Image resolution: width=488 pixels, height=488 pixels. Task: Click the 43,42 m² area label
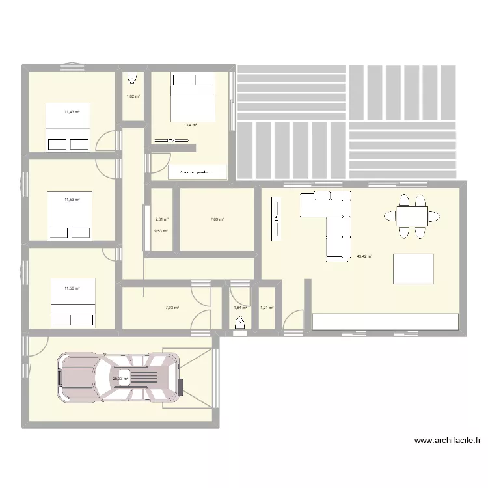point(364,256)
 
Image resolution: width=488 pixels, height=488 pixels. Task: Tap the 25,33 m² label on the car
point(121,379)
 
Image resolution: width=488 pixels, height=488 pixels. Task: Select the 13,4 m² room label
point(190,125)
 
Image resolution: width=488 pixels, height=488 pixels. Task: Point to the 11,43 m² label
point(72,112)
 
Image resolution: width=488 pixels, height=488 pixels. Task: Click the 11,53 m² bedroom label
point(72,200)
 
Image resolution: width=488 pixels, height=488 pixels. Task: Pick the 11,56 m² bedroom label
point(72,288)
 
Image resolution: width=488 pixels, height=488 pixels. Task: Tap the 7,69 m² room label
point(217,219)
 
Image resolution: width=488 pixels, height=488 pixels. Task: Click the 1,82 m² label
point(133,97)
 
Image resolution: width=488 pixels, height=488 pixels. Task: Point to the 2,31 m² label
point(161,219)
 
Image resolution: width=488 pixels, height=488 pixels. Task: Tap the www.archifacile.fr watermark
point(448,441)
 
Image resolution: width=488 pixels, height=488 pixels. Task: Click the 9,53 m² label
point(161,231)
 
